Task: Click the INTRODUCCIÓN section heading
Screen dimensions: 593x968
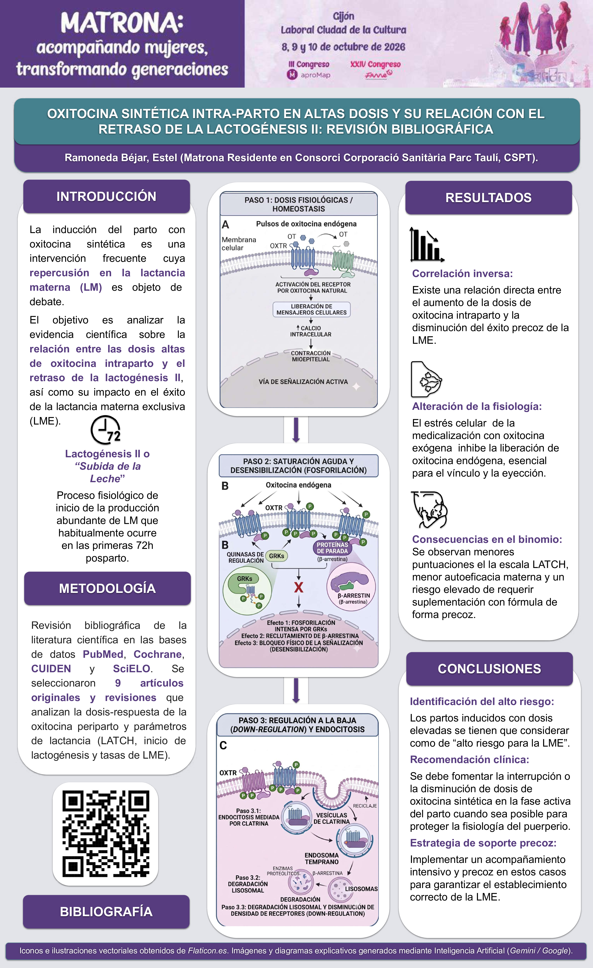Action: [x=107, y=196]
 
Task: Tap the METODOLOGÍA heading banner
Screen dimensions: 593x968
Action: [x=107, y=588]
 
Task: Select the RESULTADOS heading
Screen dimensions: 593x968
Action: [x=488, y=198]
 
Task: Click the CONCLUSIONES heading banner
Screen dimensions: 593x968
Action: [x=490, y=669]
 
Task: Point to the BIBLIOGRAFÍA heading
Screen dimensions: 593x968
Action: [x=106, y=911]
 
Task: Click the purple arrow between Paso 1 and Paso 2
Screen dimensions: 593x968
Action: [x=296, y=429]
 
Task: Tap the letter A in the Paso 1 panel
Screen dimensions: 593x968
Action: [x=225, y=225]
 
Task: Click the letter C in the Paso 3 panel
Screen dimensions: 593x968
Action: [x=223, y=745]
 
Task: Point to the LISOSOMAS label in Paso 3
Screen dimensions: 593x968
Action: [x=361, y=889]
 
